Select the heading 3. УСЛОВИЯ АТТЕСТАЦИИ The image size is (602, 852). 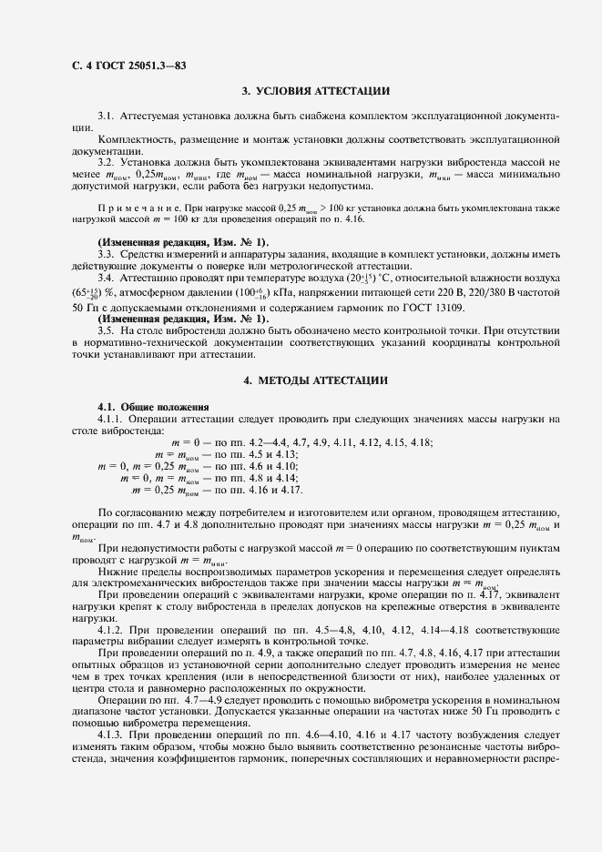[316, 91]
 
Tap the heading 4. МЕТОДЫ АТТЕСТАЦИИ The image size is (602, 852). [316, 379]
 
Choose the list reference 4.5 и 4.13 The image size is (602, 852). [268, 453]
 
